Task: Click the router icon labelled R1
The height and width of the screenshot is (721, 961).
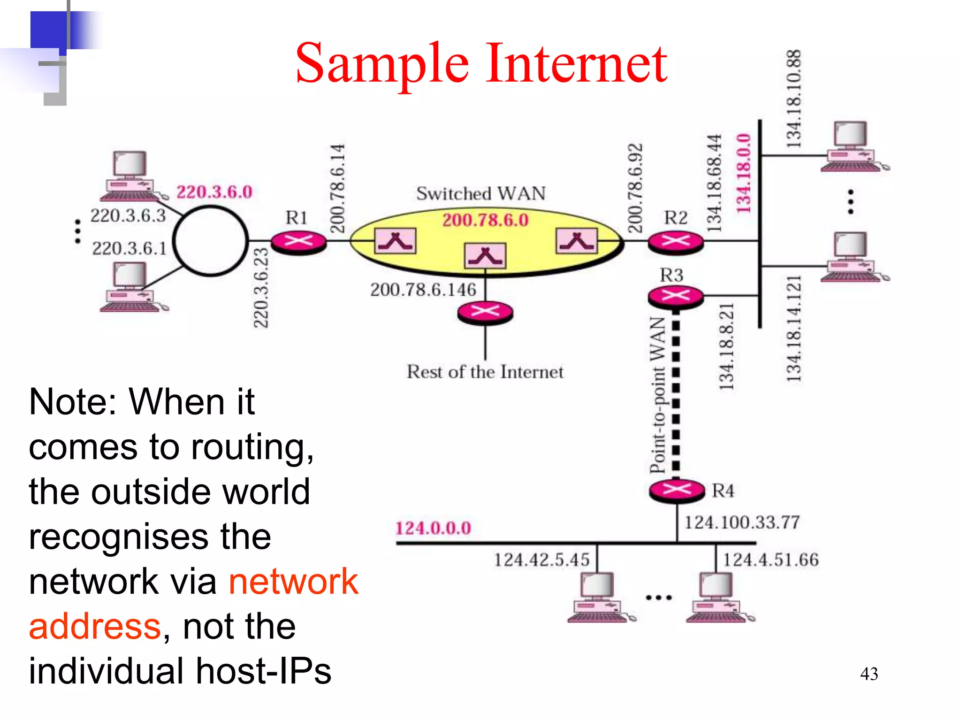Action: (x=299, y=242)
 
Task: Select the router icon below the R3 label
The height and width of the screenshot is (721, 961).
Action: (x=676, y=296)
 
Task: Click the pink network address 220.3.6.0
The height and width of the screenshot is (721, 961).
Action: (x=214, y=192)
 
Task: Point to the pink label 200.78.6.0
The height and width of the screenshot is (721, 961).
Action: (x=485, y=220)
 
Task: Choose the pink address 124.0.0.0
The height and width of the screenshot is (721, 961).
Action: (x=433, y=528)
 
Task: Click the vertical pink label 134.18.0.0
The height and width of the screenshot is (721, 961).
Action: (x=743, y=174)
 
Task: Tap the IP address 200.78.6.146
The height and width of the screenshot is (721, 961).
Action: (x=423, y=290)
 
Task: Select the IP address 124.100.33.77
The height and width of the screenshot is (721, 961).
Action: (x=742, y=522)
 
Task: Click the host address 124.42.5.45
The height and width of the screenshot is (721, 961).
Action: (x=542, y=560)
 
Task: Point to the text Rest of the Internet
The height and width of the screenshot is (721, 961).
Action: (x=485, y=372)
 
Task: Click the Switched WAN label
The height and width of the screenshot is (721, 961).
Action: (x=481, y=193)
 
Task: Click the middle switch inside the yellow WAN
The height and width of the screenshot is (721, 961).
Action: (x=485, y=256)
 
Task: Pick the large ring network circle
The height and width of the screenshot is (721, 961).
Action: (x=210, y=240)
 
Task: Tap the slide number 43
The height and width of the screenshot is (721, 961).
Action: (x=869, y=674)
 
